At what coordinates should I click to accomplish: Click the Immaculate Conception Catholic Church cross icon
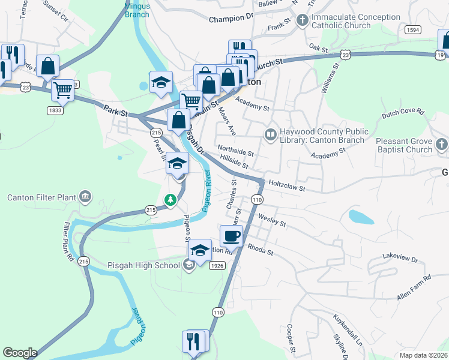303,21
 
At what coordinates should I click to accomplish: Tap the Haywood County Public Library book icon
270,133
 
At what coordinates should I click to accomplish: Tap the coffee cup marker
232,236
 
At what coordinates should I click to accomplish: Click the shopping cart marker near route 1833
62,91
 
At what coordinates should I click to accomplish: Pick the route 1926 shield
217,265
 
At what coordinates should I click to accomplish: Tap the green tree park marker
171,199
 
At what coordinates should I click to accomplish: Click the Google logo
20,353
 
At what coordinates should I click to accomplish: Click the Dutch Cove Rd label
403,112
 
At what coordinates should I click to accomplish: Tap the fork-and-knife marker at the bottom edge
193,341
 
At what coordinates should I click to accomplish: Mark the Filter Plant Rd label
68,242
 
